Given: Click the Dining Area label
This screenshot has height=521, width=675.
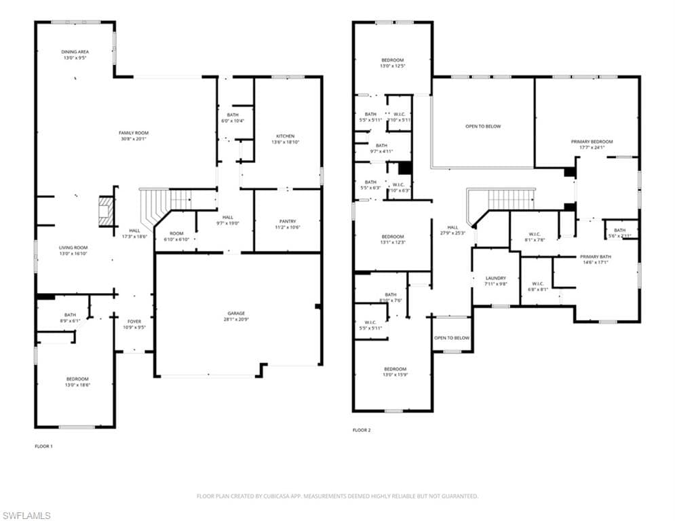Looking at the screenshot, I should pos(75,52).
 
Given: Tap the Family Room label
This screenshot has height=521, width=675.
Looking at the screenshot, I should pos(133,133).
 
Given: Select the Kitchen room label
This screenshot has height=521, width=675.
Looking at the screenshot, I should pos(285,136).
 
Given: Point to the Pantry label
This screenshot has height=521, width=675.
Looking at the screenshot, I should pos(287,221).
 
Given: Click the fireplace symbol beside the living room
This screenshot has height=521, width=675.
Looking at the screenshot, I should pos(105,211).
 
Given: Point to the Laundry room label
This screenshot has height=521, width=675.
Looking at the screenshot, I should pos(496,278).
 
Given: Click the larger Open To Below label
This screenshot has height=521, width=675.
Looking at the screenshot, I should pos(483,126).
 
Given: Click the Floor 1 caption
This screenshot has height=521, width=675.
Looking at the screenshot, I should pos(43,446).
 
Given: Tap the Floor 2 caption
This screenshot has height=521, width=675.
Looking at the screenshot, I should pos(362,430).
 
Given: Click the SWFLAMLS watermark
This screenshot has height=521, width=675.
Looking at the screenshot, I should pos(26,516).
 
